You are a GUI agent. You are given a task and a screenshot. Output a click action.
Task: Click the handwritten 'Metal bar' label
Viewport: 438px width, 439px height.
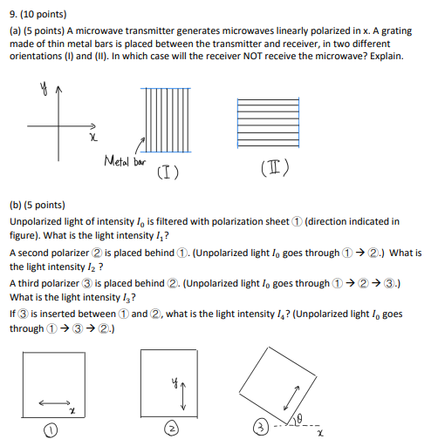click(123, 161)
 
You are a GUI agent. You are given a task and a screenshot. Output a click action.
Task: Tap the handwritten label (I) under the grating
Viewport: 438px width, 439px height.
click(168, 172)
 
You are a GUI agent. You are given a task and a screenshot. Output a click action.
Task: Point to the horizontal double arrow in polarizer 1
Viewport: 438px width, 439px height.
click(53, 402)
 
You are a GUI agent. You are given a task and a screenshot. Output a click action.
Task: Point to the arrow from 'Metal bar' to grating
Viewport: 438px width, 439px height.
click(136, 150)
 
